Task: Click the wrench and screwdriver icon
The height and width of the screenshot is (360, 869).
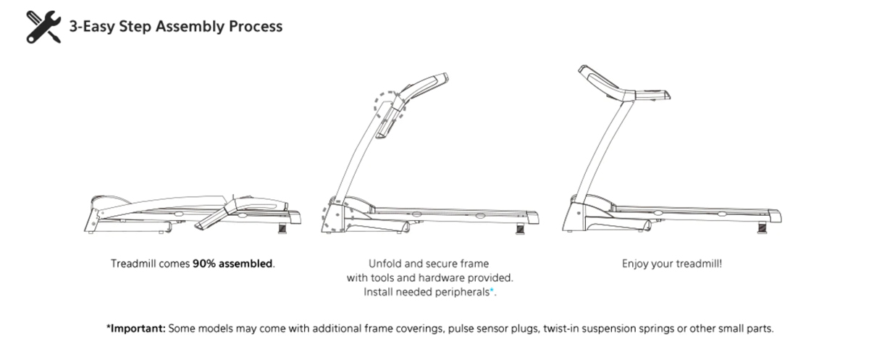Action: coord(42,28)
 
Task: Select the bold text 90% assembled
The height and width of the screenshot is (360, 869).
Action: coord(232,264)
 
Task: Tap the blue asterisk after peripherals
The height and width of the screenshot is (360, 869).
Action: coord(492,290)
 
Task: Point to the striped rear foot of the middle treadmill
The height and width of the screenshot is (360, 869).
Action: coord(521,229)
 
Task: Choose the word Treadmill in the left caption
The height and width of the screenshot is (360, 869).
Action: coord(133,264)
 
